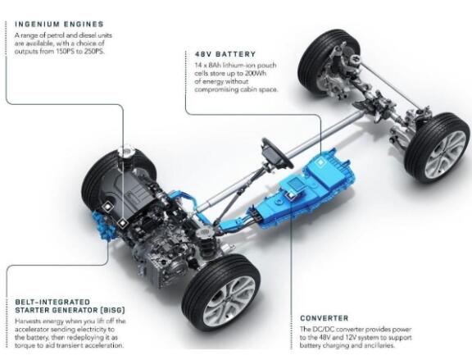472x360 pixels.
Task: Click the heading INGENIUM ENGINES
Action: (59, 24)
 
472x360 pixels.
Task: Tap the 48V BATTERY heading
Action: (225, 54)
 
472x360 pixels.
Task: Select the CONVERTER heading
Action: (324, 318)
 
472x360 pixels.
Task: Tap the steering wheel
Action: (277, 153)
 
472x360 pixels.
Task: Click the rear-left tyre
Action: (328, 62)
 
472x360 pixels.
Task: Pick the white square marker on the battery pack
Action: (320, 162)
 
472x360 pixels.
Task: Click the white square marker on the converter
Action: (290, 195)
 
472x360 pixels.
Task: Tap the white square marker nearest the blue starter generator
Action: (107, 207)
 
